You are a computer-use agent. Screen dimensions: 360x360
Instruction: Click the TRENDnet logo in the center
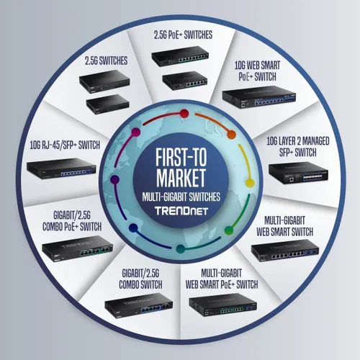coord(181,211)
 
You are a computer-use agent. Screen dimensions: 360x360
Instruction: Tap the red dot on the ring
coord(184,114)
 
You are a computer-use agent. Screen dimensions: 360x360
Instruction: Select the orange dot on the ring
coord(231,135)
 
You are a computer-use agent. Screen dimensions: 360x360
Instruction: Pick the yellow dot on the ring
coord(250,184)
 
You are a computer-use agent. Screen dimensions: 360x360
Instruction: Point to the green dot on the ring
coord(229,230)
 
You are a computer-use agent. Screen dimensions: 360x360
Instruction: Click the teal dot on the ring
coord(181,249)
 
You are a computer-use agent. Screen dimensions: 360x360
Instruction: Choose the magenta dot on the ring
coord(136,132)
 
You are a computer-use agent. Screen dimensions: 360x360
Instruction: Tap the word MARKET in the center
coord(181,178)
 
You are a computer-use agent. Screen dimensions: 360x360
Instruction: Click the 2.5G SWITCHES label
coord(106,60)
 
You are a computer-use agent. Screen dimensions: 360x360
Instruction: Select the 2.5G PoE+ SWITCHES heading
coord(183,35)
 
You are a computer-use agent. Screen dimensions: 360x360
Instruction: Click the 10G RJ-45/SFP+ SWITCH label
coord(65,145)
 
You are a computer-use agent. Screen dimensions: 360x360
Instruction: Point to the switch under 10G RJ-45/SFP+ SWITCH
coord(61,169)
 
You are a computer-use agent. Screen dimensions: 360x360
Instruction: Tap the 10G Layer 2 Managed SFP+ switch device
coord(298,173)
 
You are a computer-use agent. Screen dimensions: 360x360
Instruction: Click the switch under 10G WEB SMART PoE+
coord(259,97)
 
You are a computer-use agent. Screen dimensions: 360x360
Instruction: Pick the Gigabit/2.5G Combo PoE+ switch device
coord(77,249)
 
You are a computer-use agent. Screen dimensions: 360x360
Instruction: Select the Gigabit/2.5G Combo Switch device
coord(139,306)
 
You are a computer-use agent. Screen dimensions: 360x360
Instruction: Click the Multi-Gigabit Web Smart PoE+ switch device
coord(223,305)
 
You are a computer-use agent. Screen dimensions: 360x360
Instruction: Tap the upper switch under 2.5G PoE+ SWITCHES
coord(180,56)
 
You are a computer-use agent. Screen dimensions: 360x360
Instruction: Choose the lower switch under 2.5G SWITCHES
coord(108,104)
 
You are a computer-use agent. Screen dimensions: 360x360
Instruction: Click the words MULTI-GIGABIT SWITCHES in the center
coord(181,197)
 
